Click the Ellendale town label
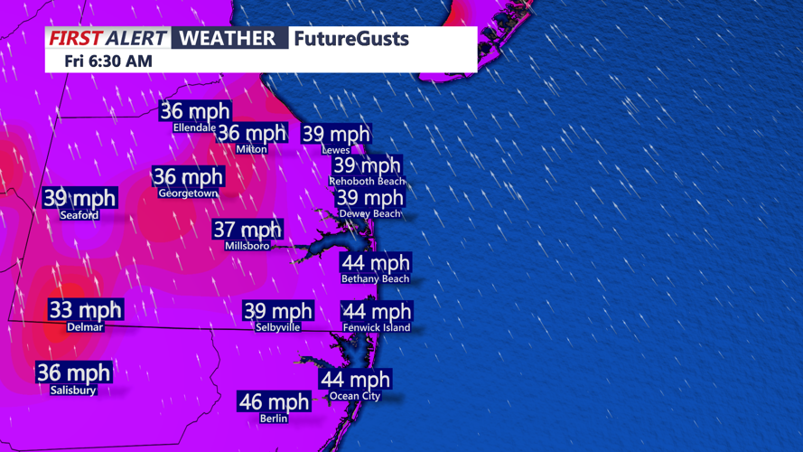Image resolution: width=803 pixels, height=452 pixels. coord(194,128)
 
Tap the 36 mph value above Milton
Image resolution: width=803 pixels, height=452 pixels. coord(252,134)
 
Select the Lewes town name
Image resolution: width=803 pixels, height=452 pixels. coord(335,150)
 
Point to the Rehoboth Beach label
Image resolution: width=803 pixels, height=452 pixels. coord(367,182)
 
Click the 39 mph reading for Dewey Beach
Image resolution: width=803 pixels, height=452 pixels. coord(369,198)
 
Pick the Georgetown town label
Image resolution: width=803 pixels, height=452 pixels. coord(188,193)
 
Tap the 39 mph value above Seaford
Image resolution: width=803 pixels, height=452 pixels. coord(79,199)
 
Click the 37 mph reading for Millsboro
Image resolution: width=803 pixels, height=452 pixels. coord(247,230)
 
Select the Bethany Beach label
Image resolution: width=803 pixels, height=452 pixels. coord(375,279)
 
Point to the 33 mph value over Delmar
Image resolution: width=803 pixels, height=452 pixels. coord(85,310)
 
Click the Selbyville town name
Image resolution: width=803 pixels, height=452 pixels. coord(277,327)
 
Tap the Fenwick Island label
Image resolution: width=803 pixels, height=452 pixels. coord(377,328)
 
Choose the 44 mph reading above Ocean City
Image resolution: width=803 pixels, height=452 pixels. coord(355,380)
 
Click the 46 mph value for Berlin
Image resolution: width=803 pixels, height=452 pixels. coord(274,401)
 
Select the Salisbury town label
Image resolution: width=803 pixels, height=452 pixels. coord(73,391)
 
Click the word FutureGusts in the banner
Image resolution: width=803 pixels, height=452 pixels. coord(351,39)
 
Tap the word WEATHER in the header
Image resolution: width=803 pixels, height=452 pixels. coord(227,38)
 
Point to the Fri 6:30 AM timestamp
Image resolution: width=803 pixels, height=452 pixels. coord(108,61)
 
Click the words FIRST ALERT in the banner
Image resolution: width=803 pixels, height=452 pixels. coord(107,38)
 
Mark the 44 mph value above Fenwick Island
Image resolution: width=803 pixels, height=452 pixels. coord(377,312)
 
